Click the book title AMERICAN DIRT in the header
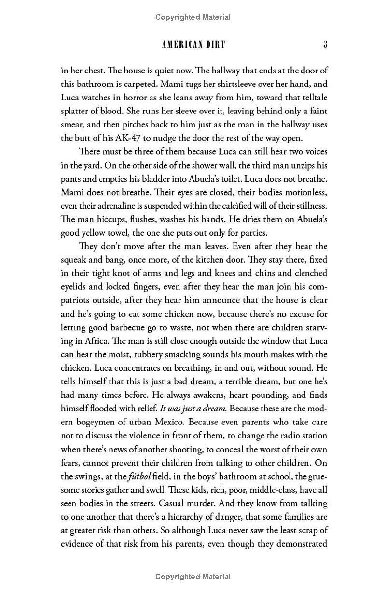[x=193, y=45]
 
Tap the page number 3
[x=326, y=45]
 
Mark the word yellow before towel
[x=99, y=232]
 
